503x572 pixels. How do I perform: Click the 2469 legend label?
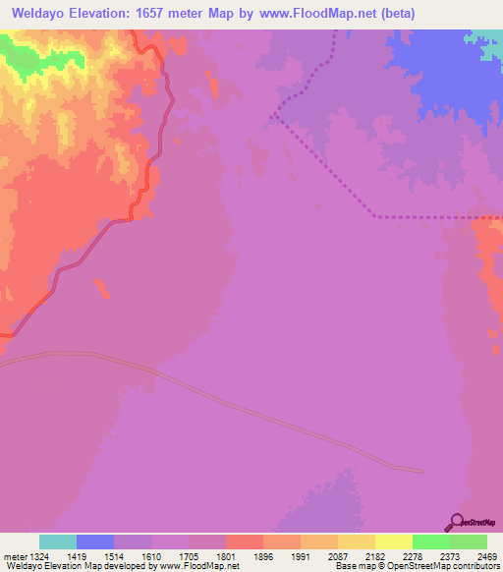coord(488,556)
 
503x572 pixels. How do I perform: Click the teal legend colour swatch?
coord(58,542)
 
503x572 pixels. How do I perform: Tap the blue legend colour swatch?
coord(95,542)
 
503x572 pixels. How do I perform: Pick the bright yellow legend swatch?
coord(393,542)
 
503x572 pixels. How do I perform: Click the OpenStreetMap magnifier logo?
coord(455,522)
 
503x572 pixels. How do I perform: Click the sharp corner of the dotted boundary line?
coord(274,115)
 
